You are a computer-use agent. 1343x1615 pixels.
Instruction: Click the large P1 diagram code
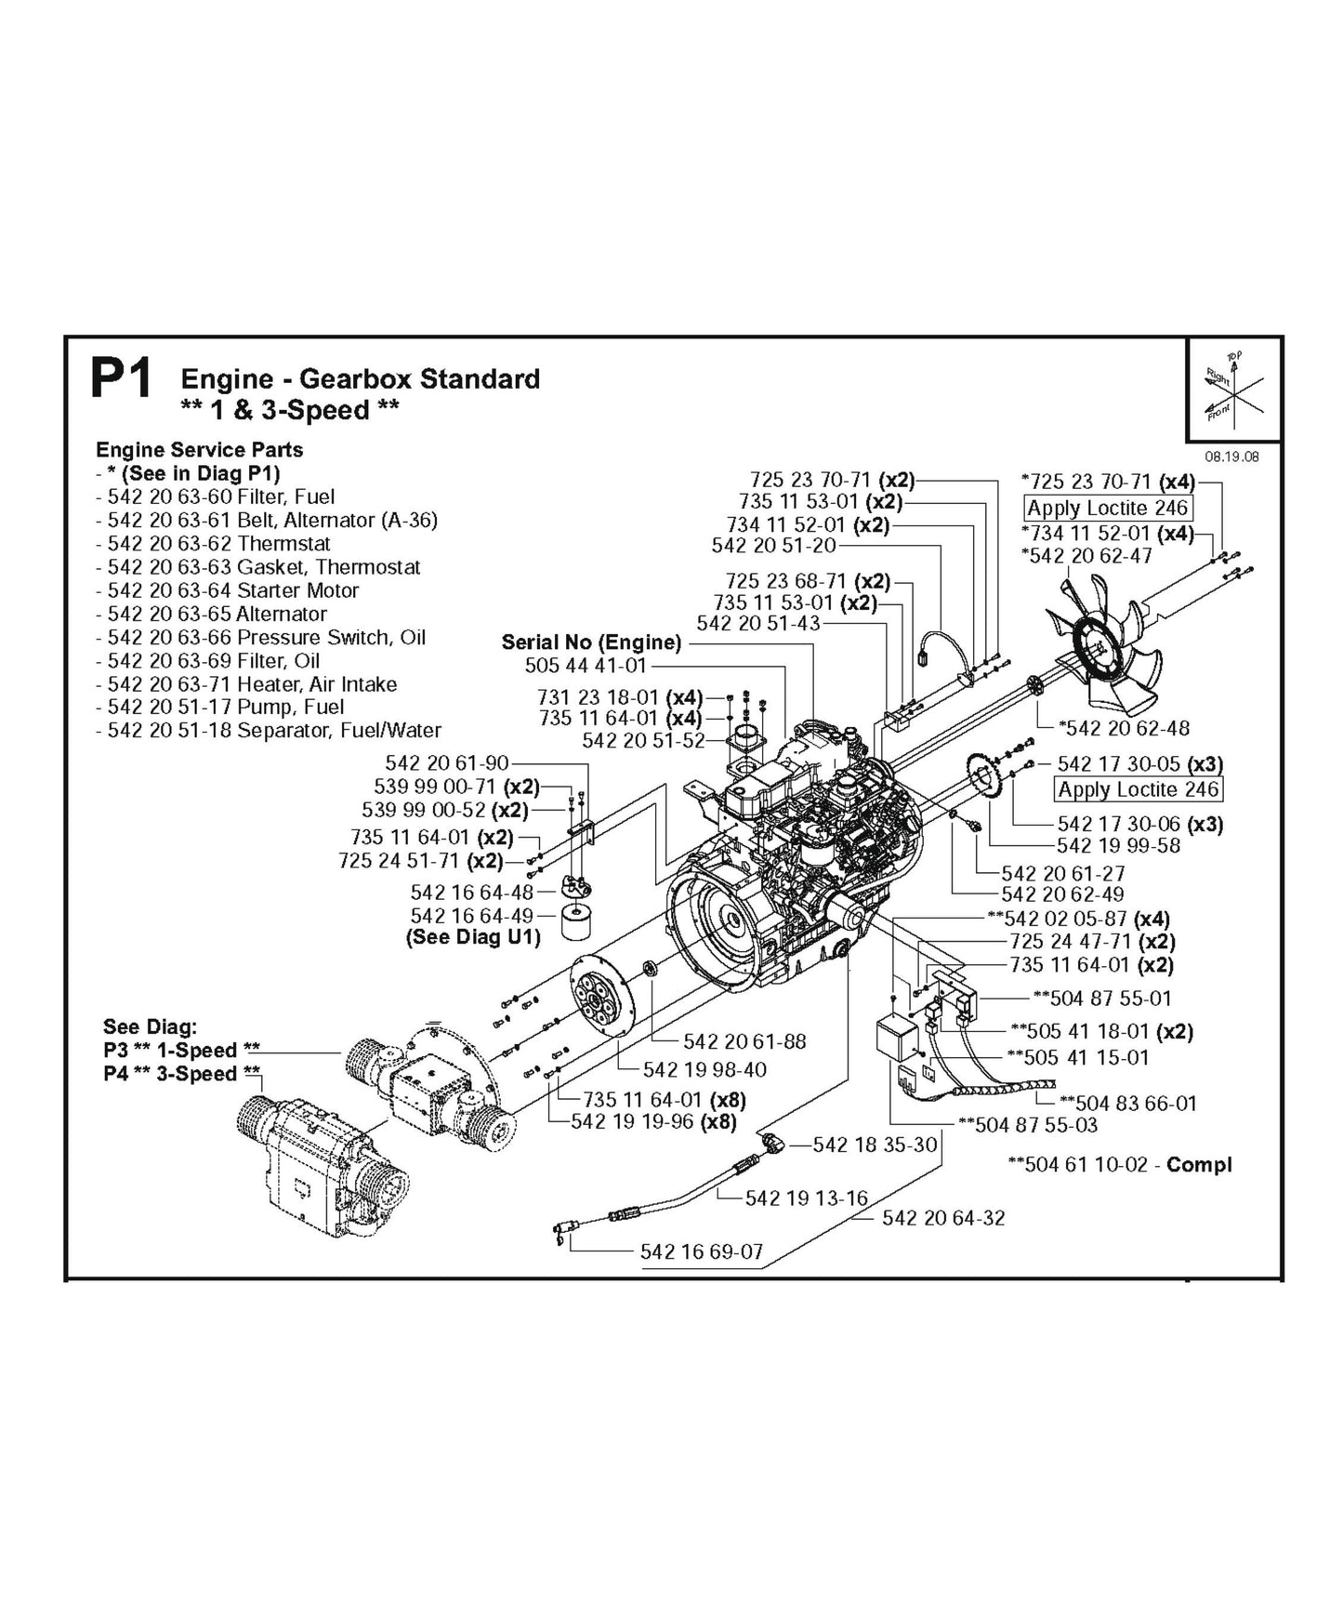coord(121,379)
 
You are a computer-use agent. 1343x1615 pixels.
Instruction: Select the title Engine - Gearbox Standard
coord(360,379)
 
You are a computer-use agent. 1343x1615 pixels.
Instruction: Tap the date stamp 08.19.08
coord(1231,457)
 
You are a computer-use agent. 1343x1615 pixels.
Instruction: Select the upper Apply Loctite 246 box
coord(1108,509)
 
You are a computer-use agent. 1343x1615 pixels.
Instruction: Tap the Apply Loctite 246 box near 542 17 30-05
coord(1139,789)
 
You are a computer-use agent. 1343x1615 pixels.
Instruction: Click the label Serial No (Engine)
coord(591,642)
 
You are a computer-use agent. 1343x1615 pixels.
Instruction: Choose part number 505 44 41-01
coord(586,666)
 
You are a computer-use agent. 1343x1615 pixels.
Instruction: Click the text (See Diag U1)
coord(473,937)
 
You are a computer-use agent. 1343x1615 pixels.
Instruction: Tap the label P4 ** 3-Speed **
coord(182,1074)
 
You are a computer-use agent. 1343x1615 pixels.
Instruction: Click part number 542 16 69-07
coord(702,1251)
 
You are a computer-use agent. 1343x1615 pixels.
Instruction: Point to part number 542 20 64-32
coord(943,1218)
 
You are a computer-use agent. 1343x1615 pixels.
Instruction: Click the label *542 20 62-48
coord(1125,728)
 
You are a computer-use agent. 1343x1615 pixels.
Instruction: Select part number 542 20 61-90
coord(447,763)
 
